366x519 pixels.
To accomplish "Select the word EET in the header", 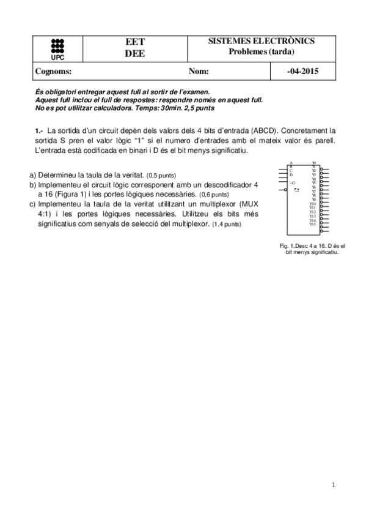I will pos(134,42).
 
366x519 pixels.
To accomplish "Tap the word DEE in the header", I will pos(134,53).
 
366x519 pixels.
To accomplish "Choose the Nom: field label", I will pos(199,72).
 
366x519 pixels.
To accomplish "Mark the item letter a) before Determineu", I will pos(33,174).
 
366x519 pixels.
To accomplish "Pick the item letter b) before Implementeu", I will pos(33,184).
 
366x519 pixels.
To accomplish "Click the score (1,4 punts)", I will pos(226,225).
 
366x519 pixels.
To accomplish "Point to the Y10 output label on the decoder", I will pos(312,203).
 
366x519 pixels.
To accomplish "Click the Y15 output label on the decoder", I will pos(312,224).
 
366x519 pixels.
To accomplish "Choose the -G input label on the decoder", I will pos(293,183).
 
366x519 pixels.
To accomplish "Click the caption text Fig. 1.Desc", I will pos(291,245).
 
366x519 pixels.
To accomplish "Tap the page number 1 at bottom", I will pos(334,485).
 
